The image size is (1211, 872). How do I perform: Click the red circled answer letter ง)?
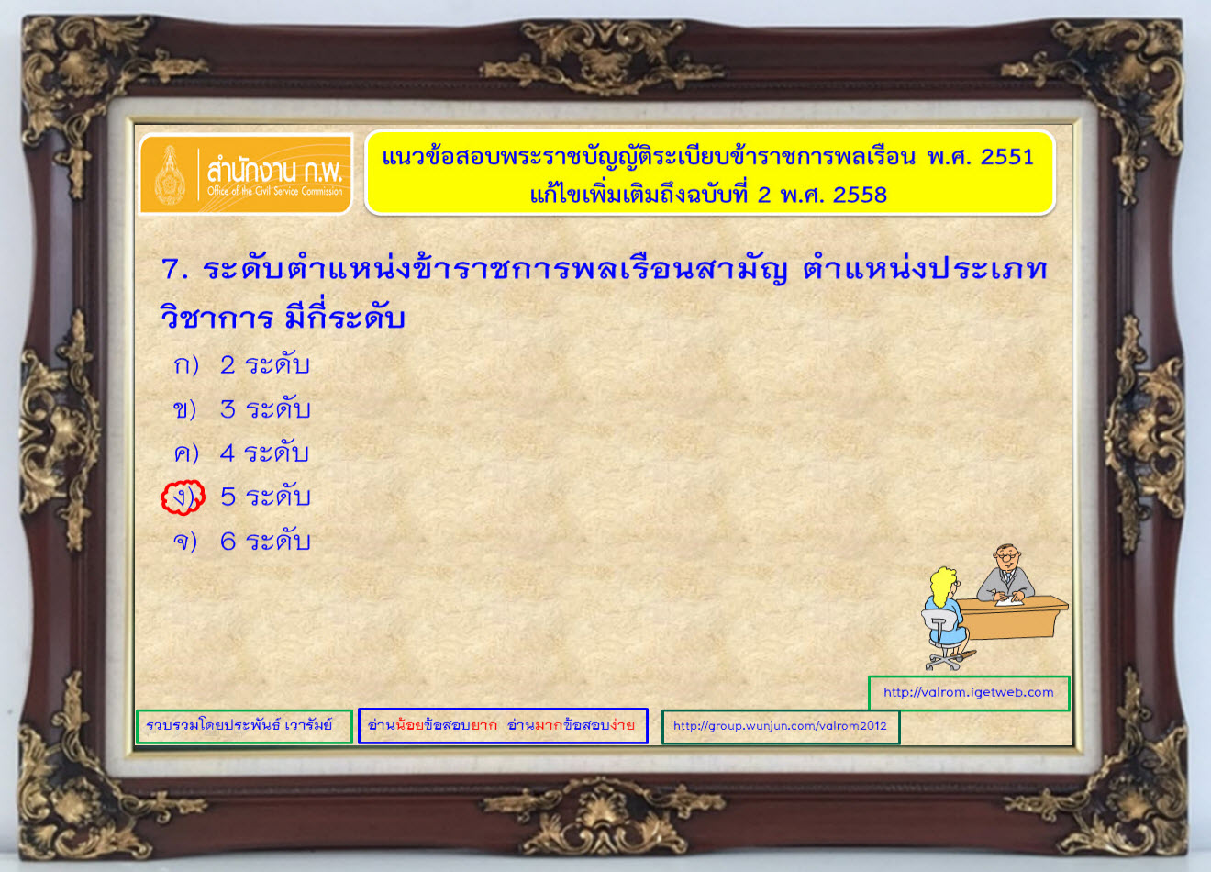point(183,497)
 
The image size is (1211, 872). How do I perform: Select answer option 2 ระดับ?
point(264,364)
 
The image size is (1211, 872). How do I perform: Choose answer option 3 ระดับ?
point(265,408)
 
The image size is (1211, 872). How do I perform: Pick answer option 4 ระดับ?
point(264,453)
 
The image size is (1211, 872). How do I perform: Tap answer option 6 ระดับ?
point(265,541)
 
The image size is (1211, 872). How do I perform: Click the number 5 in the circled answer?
point(228,497)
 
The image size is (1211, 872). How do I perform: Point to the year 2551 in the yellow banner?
point(1006,157)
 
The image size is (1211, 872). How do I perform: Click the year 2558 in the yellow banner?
point(860,195)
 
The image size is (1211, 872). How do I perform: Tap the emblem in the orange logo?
point(171,175)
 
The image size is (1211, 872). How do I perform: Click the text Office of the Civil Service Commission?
point(274,191)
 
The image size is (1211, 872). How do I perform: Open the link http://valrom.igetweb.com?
point(968,692)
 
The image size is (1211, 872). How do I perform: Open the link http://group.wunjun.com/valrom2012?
point(780,725)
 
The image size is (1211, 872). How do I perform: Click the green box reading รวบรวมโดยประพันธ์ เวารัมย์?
point(244,726)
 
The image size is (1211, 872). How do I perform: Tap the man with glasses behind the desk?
point(1005,574)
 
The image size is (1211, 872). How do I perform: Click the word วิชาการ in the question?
point(217,317)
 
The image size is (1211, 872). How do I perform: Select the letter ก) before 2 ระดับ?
point(186,365)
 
